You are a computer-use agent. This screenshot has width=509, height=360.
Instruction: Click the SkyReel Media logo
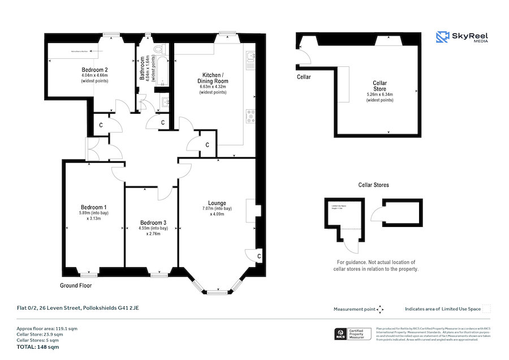(x=462, y=37)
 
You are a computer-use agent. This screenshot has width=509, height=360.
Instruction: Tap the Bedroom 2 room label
(x=94, y=71)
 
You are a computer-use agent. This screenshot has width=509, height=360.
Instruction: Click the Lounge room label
(x=217, y=203)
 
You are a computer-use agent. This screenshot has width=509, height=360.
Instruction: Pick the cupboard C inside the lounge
(x=258, y=256)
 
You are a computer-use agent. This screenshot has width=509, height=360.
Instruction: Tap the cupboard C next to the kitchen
(x=208, y=145)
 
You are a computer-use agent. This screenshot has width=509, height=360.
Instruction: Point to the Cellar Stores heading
(x=373, y=185)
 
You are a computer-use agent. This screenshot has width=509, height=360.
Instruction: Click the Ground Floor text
(x=76, y=286)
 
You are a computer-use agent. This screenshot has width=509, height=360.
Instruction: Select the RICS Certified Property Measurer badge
(x=350, y=335)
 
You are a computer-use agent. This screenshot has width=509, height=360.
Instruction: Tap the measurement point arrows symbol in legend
(x=380, y=309)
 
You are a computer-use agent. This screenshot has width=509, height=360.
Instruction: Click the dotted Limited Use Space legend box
(x=487, y=309)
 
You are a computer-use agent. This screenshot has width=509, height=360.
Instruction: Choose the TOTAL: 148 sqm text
(x=37, y=346)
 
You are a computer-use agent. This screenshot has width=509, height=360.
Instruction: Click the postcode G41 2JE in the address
(x=127, y=308)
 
